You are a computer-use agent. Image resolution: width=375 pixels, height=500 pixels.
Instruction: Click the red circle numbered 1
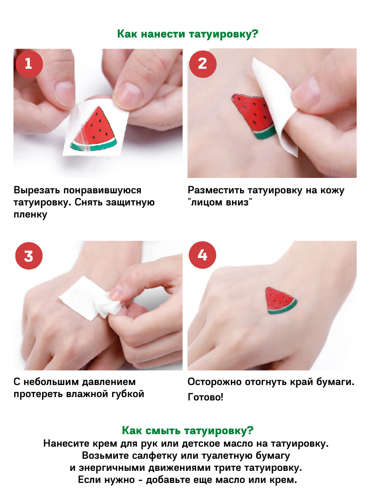pyautogui.click(x=29, y=64)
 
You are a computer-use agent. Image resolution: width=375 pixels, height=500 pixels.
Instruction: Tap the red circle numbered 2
pyautogui.click(x=203, y=64)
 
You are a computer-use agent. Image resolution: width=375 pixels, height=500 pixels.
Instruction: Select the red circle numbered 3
pyautogui.click(x=29, y=255)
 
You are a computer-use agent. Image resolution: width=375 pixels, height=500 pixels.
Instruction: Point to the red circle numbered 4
pyautogui.click(x=202, y=255)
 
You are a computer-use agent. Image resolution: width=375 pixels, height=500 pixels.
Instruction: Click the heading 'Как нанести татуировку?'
pyautogui.click(x=187, y=34)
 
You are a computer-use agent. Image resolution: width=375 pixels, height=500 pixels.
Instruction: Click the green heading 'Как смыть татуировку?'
pyautogui.click(x=187, y=430)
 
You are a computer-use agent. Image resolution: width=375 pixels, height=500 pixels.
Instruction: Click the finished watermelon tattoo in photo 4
pyautogui.click(x=280, y=300)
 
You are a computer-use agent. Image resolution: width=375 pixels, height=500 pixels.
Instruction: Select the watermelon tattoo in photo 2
pyautogui.click(x=254, y=115)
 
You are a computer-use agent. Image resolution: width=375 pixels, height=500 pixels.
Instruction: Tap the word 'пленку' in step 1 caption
pyautogui.click(x=30, y=215)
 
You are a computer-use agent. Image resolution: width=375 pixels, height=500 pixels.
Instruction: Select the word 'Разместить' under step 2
pyautogui.click(x=215, y=190)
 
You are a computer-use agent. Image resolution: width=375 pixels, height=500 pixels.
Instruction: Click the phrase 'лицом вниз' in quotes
pyautogui.click(x=220, y=202)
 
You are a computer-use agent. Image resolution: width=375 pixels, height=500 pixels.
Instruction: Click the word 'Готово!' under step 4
pyautogui.click(x=205, y=397)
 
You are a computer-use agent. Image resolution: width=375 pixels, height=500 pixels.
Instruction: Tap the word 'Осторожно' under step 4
pyautogui.click(x=215, y=382)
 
